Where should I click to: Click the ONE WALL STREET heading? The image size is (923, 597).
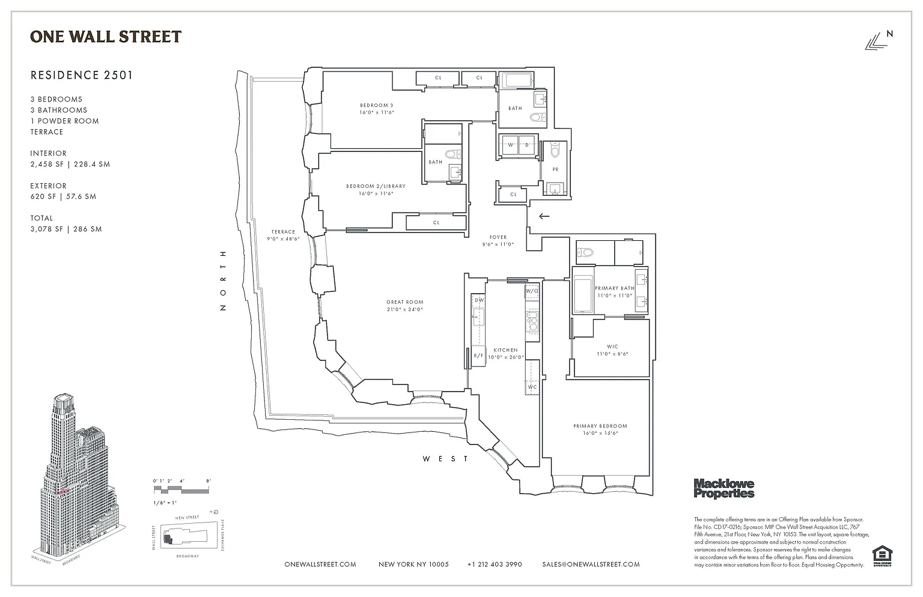(106, 37)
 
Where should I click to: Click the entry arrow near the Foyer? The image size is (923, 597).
(544, 216)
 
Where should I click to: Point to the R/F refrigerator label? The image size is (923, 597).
(478, 356)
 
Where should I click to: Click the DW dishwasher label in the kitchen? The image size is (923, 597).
(479, 300)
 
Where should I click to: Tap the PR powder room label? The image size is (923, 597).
(556, 169)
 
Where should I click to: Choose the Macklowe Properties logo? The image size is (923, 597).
(723, 488)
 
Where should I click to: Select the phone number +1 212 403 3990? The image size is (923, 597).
(494, 565)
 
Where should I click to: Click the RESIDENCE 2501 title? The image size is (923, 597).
(82, 75)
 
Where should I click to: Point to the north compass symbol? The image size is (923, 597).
(878, 41)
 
